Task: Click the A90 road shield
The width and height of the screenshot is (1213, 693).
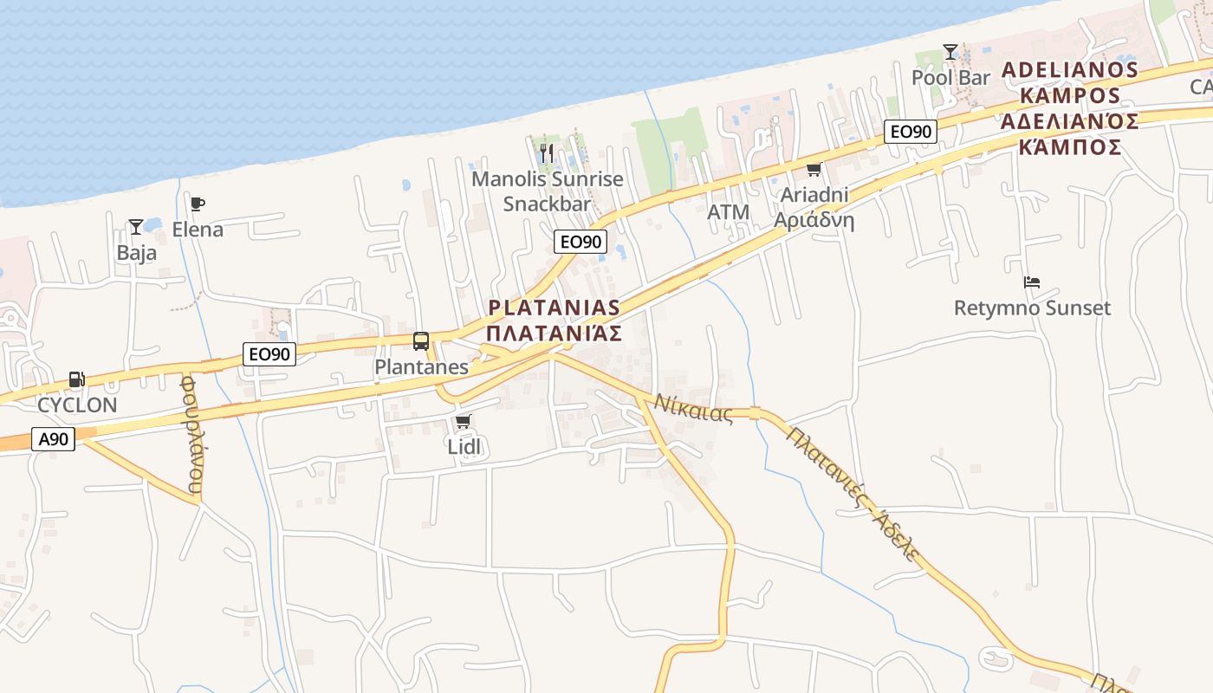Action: click(x=54, y=439)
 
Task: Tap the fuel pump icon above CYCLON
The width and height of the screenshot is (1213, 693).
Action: click(x=76, y=379)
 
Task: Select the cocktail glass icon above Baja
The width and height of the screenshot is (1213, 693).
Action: click(x=136, y=227)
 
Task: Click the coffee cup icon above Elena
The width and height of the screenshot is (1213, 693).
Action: click(x=198, y=204)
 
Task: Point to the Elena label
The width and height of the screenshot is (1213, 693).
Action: click(x=198, y=230)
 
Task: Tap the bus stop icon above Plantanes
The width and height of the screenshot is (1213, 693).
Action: click(x=421, y=341)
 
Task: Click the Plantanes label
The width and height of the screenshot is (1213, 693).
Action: click(x=421, y=367)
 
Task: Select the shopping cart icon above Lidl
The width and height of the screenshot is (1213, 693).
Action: click(x=463, y=422)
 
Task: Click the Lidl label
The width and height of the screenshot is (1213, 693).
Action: click(x=463, y=447)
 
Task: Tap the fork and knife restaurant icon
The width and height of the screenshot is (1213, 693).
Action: click(x=546, y=152)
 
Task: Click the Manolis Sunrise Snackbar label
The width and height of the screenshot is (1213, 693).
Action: click(x=547, y=191)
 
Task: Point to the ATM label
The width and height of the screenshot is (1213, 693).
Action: click(x=728, y=212)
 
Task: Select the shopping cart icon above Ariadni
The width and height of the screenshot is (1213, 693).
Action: click(x=814, y=170)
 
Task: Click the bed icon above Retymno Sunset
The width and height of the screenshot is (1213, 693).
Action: click(x=1031, y=282)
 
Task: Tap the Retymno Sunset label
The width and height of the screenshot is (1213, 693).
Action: click(x=1032, y=308)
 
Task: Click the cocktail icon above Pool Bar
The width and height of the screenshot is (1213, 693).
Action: click(x=950, y=52)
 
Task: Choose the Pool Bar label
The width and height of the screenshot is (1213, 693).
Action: click(x=950, y=78)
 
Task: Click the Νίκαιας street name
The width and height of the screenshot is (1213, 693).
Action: click(x=693, y=407)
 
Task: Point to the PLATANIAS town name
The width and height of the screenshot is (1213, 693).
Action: click(x=555, y=308)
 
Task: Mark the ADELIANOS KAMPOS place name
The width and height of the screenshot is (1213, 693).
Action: click(x=1069, y=82)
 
